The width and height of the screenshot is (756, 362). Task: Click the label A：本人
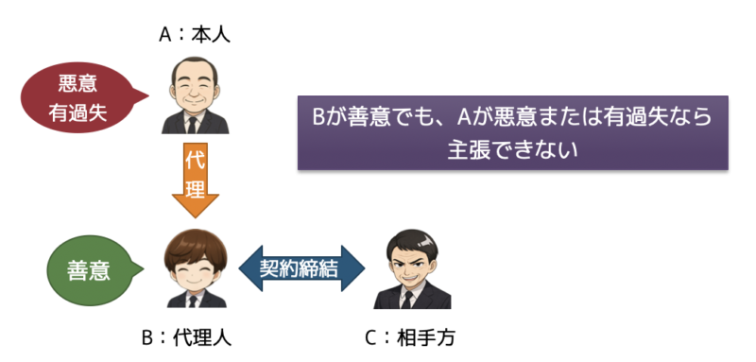pos(195,36)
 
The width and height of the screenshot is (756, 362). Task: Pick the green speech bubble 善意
pos(88,271)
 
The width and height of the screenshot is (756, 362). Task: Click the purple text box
pos(512,131)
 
